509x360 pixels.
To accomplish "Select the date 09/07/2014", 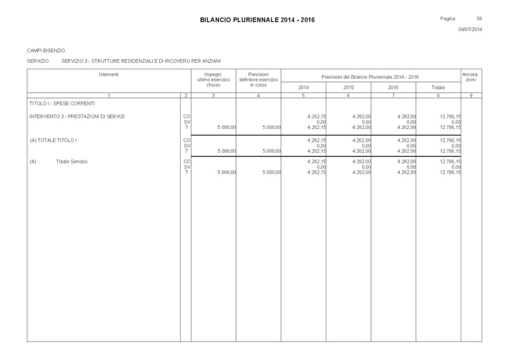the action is coord(470,30).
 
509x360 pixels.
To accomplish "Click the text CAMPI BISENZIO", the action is coord(46,50).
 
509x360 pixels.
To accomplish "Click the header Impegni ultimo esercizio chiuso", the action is coord(213,80).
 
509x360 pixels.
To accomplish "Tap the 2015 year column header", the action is coord(348,87).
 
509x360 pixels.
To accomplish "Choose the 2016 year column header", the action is coord(393,87).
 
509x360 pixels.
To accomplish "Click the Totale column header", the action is coord(438,87).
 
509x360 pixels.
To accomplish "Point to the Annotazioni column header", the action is coord(471,77).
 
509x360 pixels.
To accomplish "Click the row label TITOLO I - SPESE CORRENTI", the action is coord(62,102).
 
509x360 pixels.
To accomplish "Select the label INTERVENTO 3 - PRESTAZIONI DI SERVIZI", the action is coord(77,116).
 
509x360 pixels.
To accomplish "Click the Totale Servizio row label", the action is coord(71,162).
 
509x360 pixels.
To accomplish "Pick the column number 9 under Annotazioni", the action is coord(471,95).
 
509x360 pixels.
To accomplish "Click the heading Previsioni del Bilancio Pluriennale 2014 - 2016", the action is coord(370,76).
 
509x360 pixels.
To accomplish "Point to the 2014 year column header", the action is coord(303,87).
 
